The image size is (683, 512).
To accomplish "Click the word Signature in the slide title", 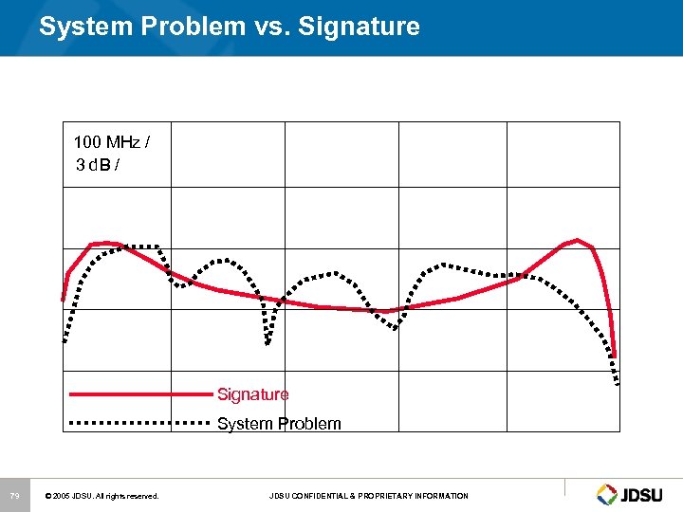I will pos(359,27).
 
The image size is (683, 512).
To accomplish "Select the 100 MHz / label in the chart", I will pos(111,142).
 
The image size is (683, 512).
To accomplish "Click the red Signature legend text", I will pos(252,394).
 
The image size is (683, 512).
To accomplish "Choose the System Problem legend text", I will pos(279,424).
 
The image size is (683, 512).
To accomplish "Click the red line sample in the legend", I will pos(138,393).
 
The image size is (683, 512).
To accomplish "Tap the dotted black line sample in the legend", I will pos(138,422).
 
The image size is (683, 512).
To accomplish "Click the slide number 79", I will pos(14,496).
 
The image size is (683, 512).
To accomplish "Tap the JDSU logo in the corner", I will pos(633,494).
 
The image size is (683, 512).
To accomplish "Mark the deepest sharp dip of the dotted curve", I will pos(268,342).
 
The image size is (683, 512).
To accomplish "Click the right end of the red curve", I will pos(615,356).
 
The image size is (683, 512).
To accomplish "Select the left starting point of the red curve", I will pos(64,300).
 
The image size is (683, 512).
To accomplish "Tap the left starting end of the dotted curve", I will pos(65,339).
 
